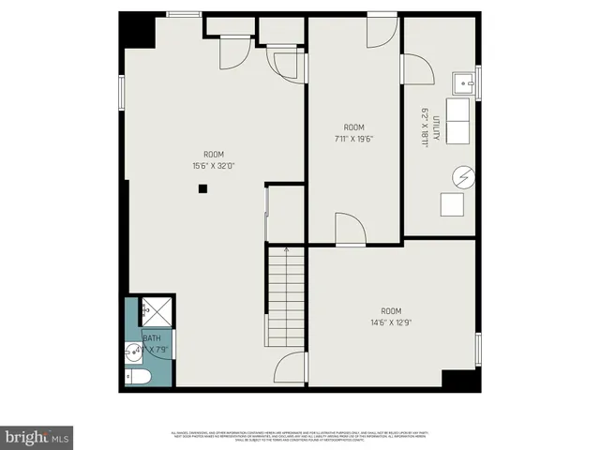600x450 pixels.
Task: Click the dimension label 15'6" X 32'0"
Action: tap(215, 167)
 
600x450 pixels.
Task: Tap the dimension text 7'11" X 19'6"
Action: tap(352, 139)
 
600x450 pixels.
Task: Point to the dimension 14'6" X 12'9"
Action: tap(391, 322)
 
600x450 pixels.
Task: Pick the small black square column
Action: tap(202, 188)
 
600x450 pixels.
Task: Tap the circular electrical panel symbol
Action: tap(462, 175)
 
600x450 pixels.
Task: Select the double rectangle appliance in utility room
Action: tap(457, 120)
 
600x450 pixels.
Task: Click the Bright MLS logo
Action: tap(37, 437)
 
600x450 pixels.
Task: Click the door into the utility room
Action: tap(416, 70)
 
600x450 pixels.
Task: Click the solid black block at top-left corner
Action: tap(137, 29)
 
